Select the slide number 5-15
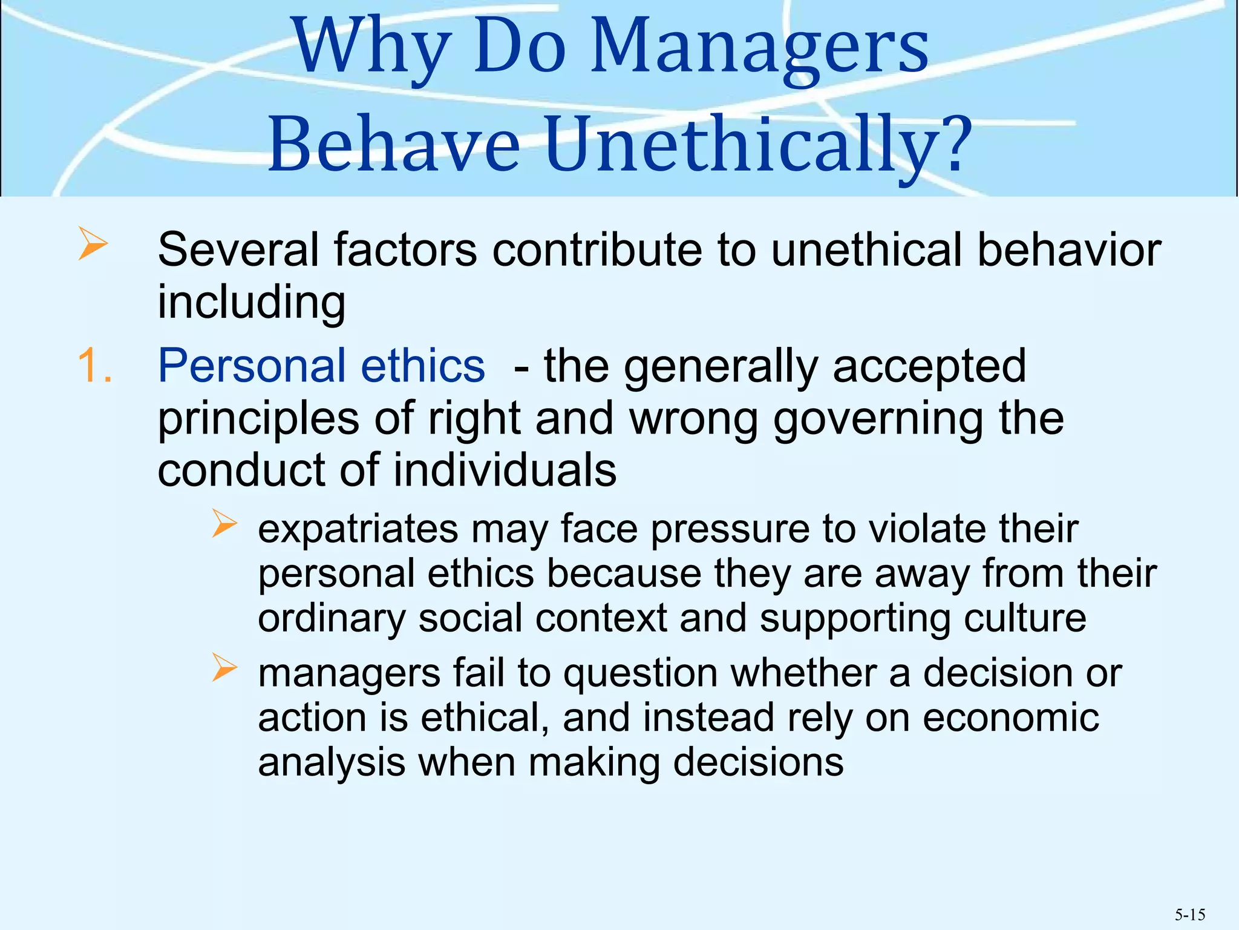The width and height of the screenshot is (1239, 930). pos(1190,914)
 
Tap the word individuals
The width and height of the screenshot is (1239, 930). pos(505,470)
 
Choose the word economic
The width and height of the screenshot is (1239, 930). pos(1011,718)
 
